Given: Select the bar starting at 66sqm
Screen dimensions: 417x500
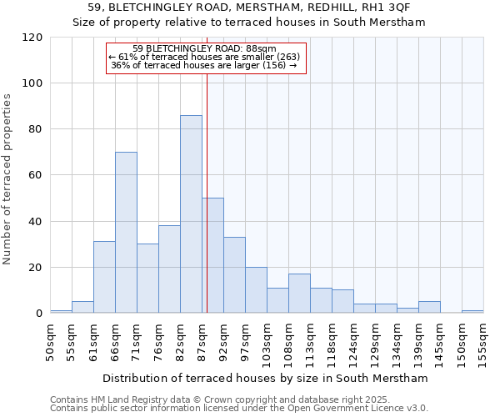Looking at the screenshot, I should (x=126, y=233).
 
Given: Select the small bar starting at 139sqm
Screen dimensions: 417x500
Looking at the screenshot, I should (x=429, y=307).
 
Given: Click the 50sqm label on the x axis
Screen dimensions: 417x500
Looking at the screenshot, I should (x=50, y=342).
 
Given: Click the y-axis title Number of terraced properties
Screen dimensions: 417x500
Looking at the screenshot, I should (x=7, y=179).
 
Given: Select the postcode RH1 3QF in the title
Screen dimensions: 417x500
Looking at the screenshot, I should (x=387, y=8).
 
